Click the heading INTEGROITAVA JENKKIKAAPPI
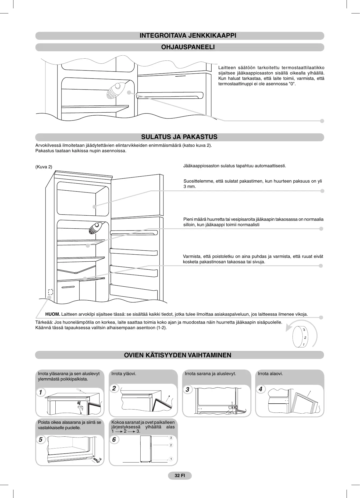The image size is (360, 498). coord(188,36)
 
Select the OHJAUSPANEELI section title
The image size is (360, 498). coord(188,47)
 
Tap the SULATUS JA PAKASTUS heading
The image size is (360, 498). coord(179,137)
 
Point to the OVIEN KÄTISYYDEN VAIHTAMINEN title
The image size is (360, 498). coord(177,355)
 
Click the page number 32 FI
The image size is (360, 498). coord(180,475)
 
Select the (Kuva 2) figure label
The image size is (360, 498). coord(44,167)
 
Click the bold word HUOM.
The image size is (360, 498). coord(52,314)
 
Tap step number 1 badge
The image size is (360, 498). coord(41,392)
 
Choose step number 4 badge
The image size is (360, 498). coord(260,389)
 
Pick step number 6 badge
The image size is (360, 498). coord(114,439)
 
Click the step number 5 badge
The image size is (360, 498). coord(41,439)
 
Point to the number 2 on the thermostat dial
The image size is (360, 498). coord(305,338)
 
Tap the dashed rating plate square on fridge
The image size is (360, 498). coord(51,292)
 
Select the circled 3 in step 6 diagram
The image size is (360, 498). coord(171,438)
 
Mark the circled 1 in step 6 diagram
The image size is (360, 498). coord(171,459)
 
